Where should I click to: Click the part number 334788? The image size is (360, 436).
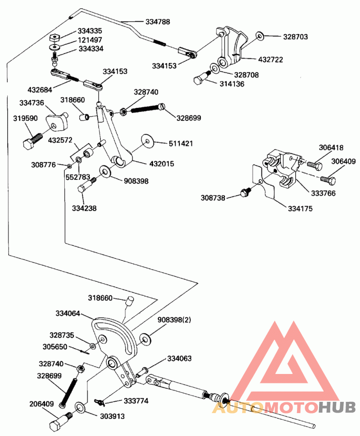pos(157,22)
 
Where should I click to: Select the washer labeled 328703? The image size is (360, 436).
pos(260,36)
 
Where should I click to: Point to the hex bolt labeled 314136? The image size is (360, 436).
pos(202,78)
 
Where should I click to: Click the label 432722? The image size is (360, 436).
pos(270,59)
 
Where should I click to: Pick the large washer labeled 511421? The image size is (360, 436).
pos(147,141)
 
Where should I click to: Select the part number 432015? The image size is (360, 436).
pos(162,164)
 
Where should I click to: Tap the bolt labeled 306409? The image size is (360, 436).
pos(328,180)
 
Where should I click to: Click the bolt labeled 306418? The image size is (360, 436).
pos(315,165)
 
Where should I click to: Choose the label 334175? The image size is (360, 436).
pos(300,209)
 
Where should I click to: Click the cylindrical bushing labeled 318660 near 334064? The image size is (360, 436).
pos(130,301)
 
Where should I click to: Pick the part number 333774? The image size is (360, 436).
pos(136,400)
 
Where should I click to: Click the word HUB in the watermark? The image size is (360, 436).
pos(337,407)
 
